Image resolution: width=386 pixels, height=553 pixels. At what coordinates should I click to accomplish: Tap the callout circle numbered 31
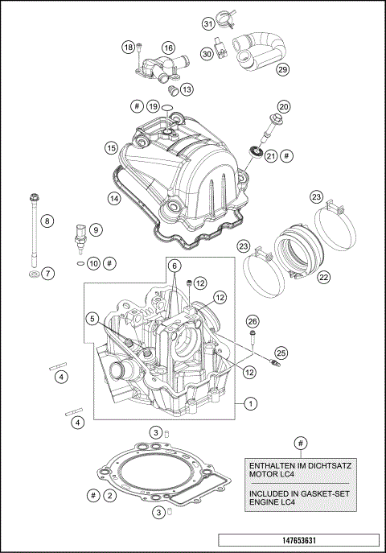click(x=207, y=23)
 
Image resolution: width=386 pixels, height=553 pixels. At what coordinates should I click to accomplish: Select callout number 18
click(x=128, y=47)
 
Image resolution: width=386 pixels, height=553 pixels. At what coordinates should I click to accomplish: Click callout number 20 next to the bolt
click(x=284, y=106)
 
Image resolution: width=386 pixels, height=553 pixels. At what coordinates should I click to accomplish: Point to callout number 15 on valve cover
click(x=111, y=147)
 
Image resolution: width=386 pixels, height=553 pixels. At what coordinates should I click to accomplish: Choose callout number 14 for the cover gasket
click(x=114, y=196)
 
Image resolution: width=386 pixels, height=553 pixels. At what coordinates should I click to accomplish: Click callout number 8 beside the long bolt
click(x=47, y=221)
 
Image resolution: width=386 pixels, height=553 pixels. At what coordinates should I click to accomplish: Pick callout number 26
click(x=252, y=320)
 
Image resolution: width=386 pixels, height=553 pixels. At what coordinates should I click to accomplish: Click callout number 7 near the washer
click(x=47, y=274)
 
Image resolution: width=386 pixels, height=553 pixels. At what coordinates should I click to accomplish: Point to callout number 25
click(x=281, y=353)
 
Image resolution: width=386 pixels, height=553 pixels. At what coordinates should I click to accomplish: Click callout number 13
click(x=187, y=89)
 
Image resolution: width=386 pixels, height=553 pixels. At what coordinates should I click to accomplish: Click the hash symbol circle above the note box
click(x=300, y=443)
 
